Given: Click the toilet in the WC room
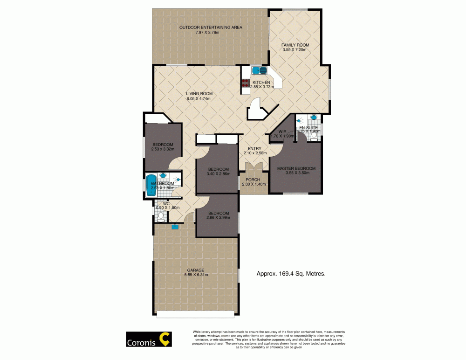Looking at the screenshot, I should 160,215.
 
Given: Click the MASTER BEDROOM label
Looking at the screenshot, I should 296,168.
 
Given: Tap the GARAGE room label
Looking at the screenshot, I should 195,270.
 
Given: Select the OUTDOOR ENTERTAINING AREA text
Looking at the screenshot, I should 211,28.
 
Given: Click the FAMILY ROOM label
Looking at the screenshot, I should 295,45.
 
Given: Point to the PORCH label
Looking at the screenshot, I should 254,179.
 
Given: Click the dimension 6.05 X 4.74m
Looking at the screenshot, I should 199,99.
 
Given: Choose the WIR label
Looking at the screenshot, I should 282,132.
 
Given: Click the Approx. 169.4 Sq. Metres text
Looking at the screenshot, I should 291,275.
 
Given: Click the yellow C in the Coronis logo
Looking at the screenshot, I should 165,339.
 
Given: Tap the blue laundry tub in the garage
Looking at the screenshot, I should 175,227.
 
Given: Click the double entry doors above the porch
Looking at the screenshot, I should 254,168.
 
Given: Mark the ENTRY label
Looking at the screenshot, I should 254,148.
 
